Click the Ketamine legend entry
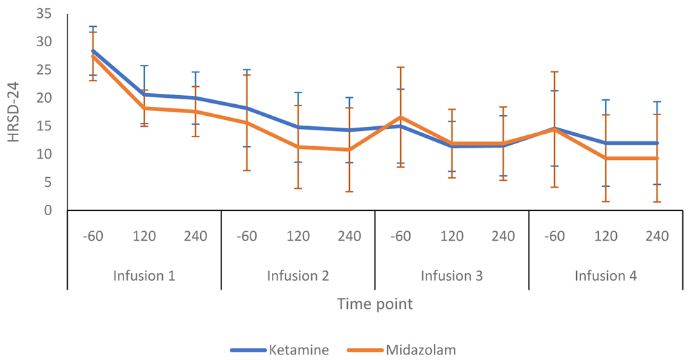(x=298, y=350)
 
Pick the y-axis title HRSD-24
(x=14, y=112)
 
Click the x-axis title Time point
(x=375, y=304)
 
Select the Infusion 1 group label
(x=144, y=276)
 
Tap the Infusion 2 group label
(x=298, y=276)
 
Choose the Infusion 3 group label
(x=452, y=276)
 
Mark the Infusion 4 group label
(x=606, y=276)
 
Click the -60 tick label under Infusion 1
(x=93, y=237)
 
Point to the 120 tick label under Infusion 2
(x=298, y=237)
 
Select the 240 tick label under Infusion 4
(x=657, y=237)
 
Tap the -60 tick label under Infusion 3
(x=401, y=237)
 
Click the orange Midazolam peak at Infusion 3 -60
(x=401, y=117)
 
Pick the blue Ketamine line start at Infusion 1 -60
(x=93, y=50)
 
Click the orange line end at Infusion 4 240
(x=657, y=158)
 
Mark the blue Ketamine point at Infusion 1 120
(x=144, y=94)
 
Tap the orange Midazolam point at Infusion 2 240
(x=349, y=150)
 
